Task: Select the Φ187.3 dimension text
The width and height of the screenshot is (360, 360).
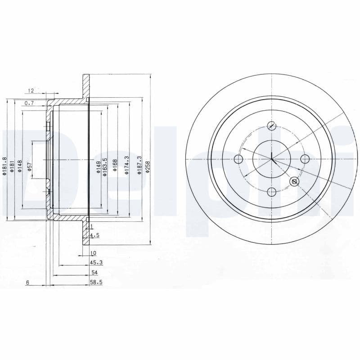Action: click(x=139, y=165)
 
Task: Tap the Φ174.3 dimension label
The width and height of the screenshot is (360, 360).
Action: click(x=127, y=165)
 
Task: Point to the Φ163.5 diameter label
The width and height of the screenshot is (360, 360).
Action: click(x=105, y=166)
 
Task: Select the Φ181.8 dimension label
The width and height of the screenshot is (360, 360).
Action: click(x=5, y=166)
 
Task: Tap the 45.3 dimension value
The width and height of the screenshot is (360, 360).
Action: click(x=94, y=263)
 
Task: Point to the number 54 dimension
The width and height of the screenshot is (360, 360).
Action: click(x=94, y=272)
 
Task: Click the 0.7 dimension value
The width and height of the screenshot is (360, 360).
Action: click(x=29, y=103)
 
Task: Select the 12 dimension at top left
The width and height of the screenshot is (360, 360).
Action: click(x=31, y=90)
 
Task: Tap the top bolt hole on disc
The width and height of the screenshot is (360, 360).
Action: click(x=271, y=126)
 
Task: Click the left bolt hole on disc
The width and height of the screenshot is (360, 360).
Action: click(x=238, y=158)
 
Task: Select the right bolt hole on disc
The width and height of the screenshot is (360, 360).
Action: click(x=305, y=158)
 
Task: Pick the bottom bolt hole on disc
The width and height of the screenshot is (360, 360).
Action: click(x=271, y=192)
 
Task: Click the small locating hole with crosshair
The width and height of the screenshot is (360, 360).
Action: click(x=294, y=181)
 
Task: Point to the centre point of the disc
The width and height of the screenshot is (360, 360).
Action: click(x=272, y=158)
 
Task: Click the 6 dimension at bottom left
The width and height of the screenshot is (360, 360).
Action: click(x=27, y=283)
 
